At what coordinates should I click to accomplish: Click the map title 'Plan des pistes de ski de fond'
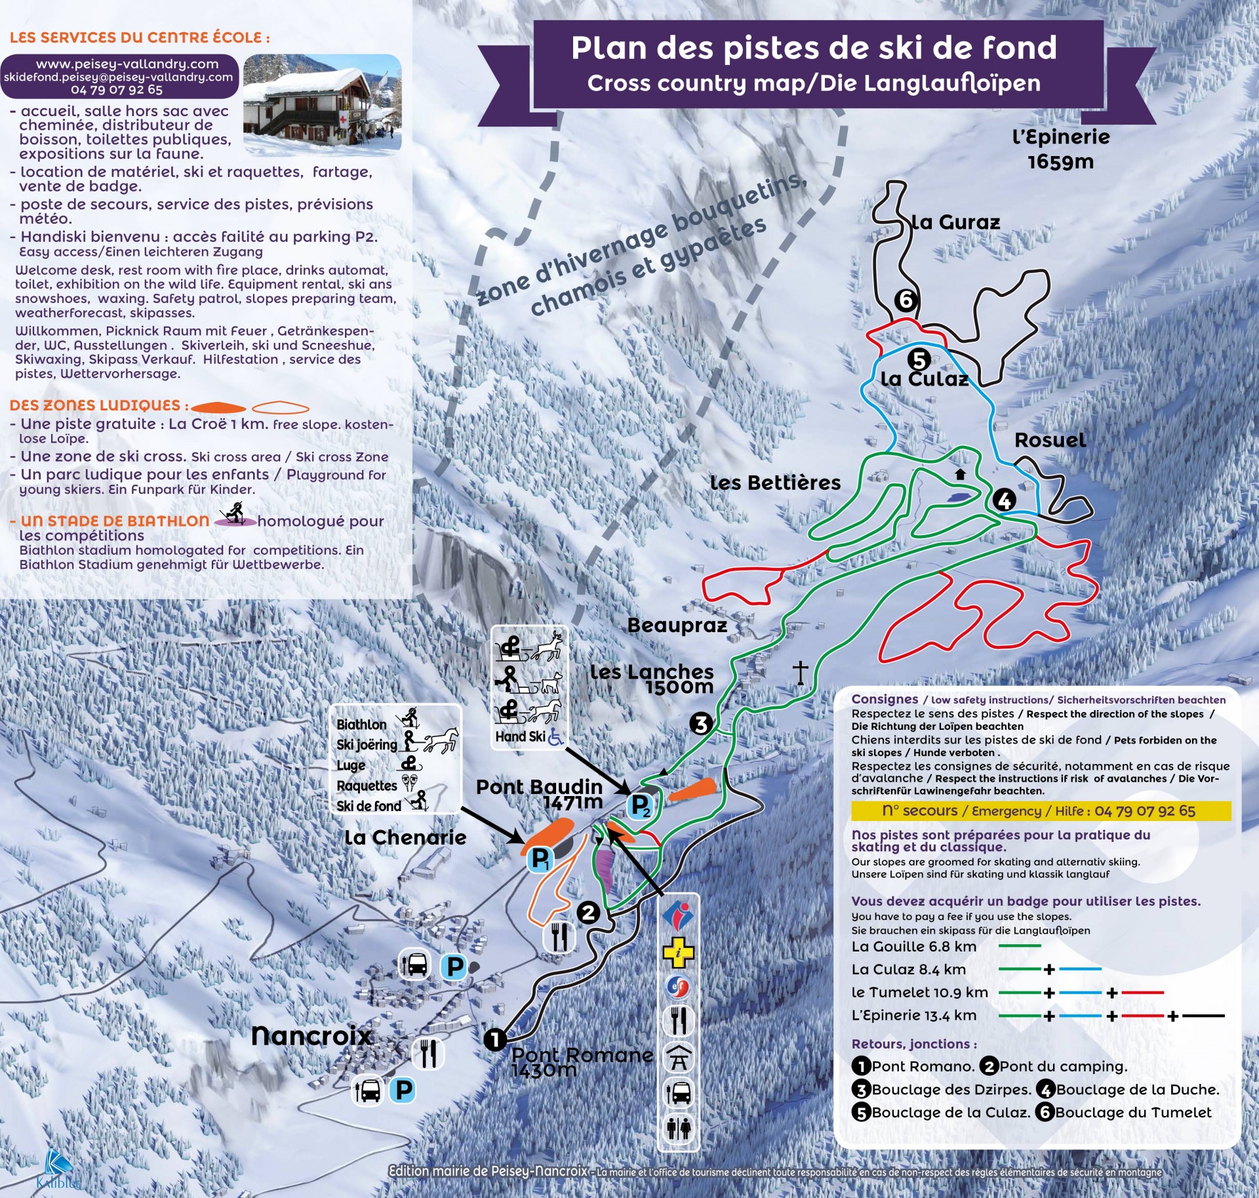coord(814,48)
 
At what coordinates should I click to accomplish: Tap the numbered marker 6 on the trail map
coord(906,300)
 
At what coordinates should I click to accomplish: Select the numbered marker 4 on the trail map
coord(1004,500)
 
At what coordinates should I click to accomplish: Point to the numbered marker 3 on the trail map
coord(701,724)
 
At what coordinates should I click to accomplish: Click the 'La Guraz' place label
coord(956,222)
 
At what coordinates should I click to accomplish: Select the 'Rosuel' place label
coord(1050,440)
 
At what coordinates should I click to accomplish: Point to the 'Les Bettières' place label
coord(775,483)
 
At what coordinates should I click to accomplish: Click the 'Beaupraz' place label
coord(677,625)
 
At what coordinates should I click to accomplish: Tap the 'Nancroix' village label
coord(311,1036)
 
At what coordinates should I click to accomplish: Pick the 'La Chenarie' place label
coord(405,837)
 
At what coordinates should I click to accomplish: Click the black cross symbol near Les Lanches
coord(800,672)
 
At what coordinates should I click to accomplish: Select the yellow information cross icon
coord(679,953)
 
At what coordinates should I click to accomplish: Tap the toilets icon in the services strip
coord(679,1128)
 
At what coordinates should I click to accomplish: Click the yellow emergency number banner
coord(1041,811)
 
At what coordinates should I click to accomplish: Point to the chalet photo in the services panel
coord(322,105)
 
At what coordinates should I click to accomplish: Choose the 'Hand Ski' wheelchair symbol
coord(555,737)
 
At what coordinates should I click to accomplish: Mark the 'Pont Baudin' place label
coord(539,787)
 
